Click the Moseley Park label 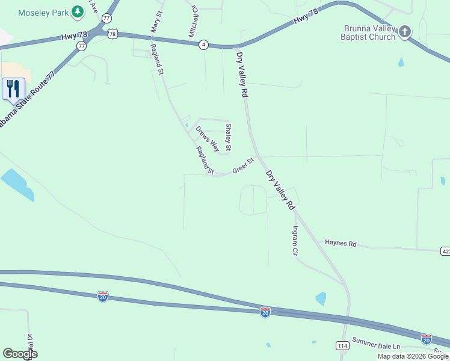pos(43,12)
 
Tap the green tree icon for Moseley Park pos(77,11)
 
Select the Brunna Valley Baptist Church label pos(369,32)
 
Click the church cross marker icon pos(405,31)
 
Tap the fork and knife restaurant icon pos(13,89)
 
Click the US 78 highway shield pos(112,34)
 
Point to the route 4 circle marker pos(204,45)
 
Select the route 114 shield pos(342,345)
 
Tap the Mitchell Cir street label pos(194,22)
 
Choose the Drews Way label pos(207,139)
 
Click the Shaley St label pos(228,137)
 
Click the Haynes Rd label pos(341,244)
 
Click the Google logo pos(20,354)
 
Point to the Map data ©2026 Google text pos(412,356)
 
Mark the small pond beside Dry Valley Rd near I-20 pos(321,298)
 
